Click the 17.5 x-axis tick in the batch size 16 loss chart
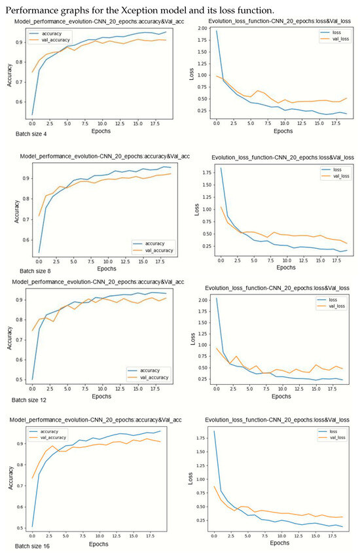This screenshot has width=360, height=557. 335,535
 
